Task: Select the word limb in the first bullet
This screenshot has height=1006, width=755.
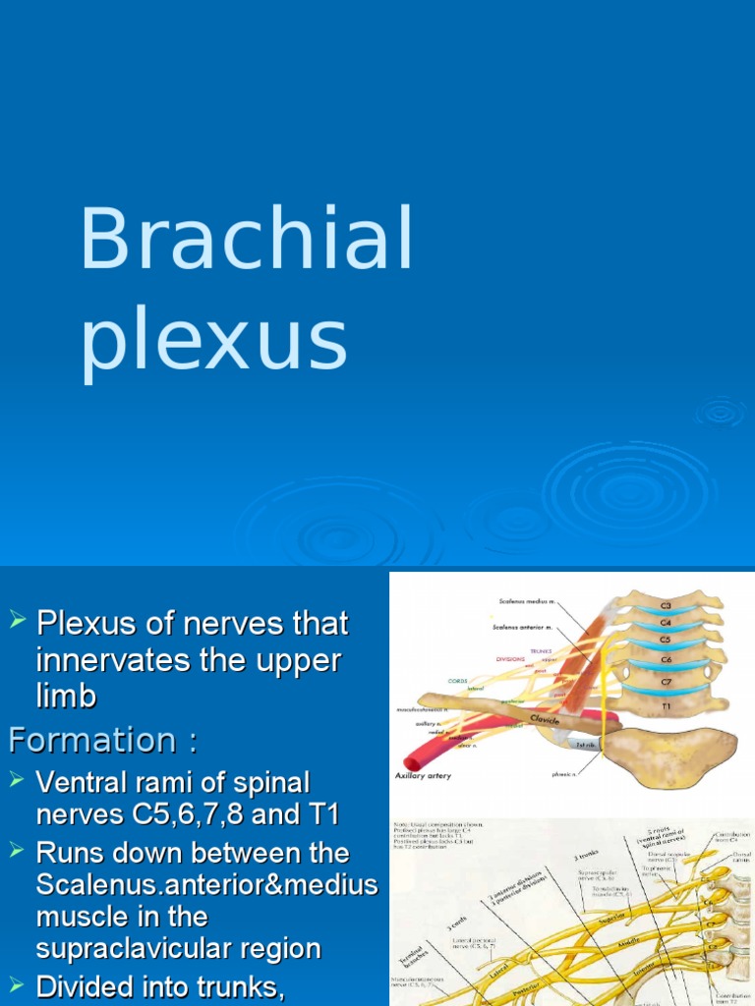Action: click(66, 697)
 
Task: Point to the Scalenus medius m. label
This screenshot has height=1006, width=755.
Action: click(527, 601)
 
